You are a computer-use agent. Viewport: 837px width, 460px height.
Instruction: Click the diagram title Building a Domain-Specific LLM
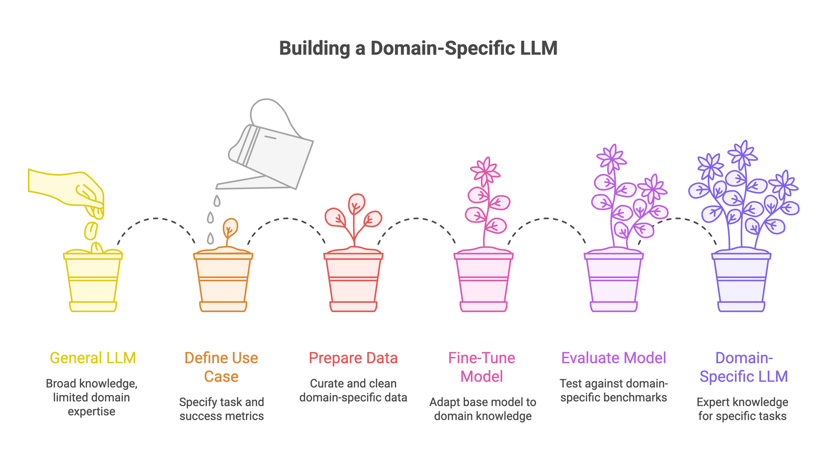coord(418,48)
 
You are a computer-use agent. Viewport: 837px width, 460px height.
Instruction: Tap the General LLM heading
coord(93,358)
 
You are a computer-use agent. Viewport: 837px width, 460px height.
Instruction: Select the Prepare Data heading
coord(353,358)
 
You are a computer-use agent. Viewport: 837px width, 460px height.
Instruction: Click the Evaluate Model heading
coord(614,358)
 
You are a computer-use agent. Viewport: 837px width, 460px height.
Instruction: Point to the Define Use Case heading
coord(221,367)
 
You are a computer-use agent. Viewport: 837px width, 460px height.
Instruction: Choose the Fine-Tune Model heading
coord(482,367)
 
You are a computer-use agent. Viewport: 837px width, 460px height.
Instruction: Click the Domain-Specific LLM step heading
coord(744,367)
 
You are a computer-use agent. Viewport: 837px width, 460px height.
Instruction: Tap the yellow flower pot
coord(93,282)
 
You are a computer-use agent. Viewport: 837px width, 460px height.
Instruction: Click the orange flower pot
coord(223,282)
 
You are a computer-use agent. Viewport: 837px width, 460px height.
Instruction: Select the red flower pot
coord(353,282)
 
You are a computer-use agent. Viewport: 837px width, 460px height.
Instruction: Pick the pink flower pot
coord(483,282)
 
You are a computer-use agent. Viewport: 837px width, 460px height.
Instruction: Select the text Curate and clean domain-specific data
coord(353,390)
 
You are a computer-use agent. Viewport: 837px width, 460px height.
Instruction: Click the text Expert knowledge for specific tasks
coord(742,409)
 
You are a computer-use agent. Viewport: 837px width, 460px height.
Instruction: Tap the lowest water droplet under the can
coord(210,238)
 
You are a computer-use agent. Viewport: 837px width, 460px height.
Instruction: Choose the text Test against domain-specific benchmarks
coord(614,390)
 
